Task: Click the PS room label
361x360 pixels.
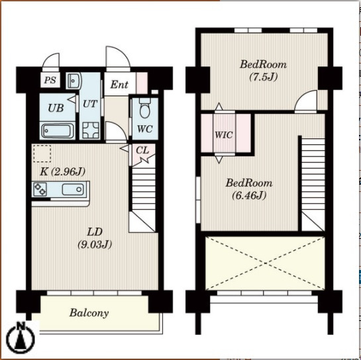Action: coord(50,80)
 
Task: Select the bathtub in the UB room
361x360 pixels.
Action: coord(58,130)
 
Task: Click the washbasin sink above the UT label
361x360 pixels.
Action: coord(74,81)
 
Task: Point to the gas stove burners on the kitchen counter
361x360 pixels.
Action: coord(40,189)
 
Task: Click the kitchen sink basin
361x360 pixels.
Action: coord(72,189)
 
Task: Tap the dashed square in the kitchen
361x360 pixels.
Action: coord(42,154)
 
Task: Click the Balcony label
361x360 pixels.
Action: coord(89,313)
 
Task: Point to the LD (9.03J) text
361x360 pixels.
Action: coord(95,238)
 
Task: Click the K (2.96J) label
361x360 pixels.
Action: coord(63,171)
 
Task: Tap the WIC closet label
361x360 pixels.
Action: coord(223,135)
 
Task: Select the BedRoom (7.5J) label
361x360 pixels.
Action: coord(264,70)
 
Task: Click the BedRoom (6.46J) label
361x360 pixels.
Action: coord(249,189)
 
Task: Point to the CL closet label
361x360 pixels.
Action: coord(142,150)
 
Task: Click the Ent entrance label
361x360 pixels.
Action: coord(119,85)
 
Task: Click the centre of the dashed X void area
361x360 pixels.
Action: coord(265,263)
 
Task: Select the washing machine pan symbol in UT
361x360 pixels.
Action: coord(91,130)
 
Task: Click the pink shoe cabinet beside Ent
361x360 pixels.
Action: coord(142,83)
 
